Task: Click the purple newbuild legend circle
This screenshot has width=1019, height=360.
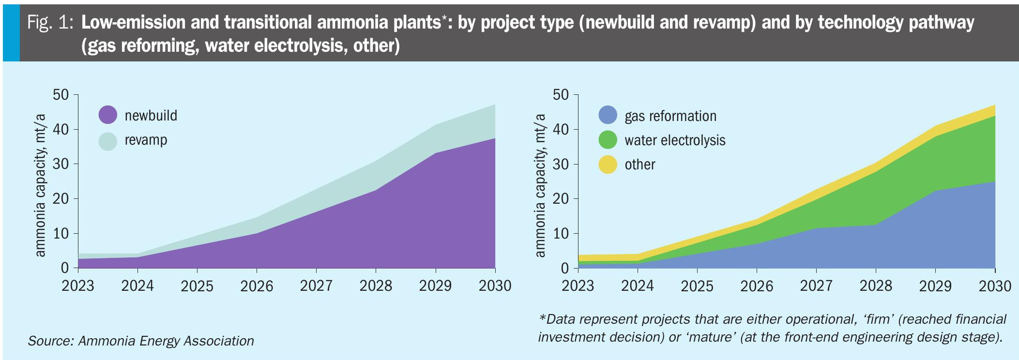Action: [108, 115]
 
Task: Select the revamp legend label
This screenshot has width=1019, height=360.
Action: [146, 140]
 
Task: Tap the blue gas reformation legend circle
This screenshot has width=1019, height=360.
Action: [608, 116]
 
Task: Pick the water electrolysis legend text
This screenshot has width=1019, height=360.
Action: [675, 140]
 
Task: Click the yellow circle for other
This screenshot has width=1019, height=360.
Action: [608, 165]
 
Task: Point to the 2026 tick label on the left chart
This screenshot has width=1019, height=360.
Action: [257, 286]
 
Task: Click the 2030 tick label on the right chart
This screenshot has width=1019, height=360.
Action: [995, 286]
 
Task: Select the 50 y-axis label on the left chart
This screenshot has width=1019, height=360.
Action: [61, 94]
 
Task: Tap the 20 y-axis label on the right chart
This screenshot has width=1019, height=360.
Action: [561, 199]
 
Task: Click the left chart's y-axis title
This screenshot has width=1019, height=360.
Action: [40, 185]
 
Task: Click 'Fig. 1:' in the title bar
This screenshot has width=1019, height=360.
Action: [50, 23]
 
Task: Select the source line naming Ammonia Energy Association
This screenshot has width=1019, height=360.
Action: [141, 341]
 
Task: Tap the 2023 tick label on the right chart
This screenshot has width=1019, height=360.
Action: [578, 286]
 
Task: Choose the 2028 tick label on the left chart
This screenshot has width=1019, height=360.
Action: [376, 286]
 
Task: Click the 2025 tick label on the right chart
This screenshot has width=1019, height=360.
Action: [697, 286]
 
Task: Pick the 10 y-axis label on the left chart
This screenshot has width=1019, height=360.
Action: [61, 234]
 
